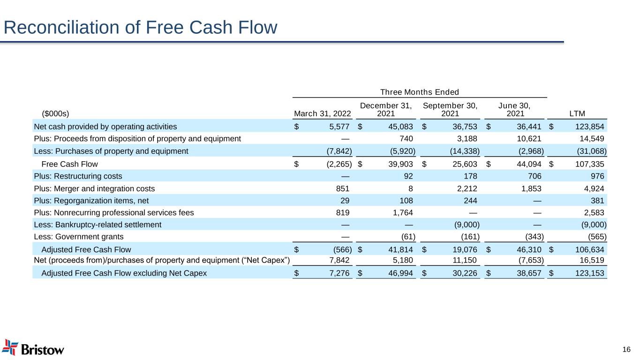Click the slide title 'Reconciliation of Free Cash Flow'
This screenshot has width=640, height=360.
click(140, 28)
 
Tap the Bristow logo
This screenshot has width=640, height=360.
click(33, 348)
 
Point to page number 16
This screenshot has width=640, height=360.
click(626, 349)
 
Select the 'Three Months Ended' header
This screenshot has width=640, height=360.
click(419, 92)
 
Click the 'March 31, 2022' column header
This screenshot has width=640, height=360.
click(323, 113)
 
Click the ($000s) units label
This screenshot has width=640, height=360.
click(55, 113)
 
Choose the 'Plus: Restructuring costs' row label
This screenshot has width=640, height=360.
click(78, 176)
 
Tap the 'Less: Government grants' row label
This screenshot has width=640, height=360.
click(79, 237)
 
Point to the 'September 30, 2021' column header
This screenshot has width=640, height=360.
click(450, 110)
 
